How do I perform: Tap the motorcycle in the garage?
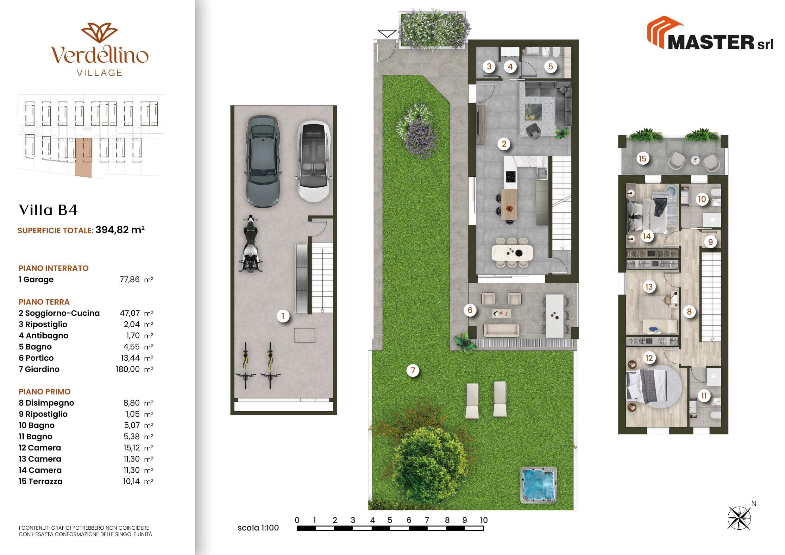tap(250, 243)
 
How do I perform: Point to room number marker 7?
tap(413, 370)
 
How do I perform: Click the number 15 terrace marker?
tap(643, 159)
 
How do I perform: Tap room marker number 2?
tap(504, 144)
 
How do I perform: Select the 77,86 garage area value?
tap(129, 279)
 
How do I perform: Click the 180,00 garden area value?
tap(128, 369)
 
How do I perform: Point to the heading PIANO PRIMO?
tap(44, 392)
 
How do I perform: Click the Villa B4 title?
tap(48, 210)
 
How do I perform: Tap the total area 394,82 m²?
tap(120, 230)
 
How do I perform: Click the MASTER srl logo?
tap(710, 34)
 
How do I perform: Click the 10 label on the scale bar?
tap(483, 520)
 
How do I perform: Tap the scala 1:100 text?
tap(258, 528)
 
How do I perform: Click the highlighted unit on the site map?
tap(84, 158)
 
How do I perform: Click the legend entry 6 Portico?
tap(36, 358)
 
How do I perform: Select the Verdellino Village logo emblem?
tap(99, 33)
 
